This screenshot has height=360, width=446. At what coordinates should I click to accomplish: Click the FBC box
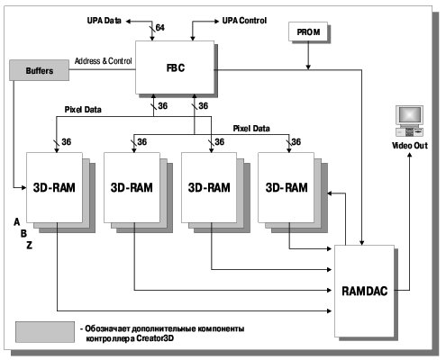coord(175,67)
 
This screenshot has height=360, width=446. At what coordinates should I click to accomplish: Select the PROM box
coord(308,31)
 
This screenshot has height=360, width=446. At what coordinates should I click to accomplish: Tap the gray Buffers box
coord(39,70)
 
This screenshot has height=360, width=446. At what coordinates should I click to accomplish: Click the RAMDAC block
coord(364,291)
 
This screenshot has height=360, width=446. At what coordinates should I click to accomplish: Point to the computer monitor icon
coord(409,121)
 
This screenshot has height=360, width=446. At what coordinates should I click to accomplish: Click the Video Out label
coord(410,146)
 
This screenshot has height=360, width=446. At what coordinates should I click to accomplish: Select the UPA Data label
coord(105,21)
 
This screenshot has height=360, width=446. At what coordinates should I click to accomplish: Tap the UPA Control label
coord(244,21)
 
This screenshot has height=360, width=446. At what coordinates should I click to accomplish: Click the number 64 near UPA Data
coord(160,28)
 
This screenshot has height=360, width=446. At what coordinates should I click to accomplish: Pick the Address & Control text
coord(104,61)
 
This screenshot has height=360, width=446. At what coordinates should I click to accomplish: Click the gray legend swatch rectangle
coord(45,332)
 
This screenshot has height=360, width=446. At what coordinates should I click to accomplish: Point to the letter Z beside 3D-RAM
coord(29,246)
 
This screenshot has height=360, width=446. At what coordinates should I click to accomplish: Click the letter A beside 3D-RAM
coord(17,222)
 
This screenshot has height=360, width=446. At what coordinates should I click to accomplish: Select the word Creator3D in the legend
coord(155,338)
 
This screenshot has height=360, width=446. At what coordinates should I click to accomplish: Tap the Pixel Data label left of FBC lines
coord(83,110)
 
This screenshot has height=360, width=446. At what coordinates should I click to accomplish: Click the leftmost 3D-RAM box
coord(54,187)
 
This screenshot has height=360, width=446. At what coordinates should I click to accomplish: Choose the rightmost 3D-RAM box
coord(287,187)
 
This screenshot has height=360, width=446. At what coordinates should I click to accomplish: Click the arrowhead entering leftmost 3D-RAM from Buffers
coord(23,188)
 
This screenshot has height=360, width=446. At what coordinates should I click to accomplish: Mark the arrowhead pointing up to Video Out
coord(409,155)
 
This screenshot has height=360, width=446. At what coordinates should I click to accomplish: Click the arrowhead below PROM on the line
coord(308,67)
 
